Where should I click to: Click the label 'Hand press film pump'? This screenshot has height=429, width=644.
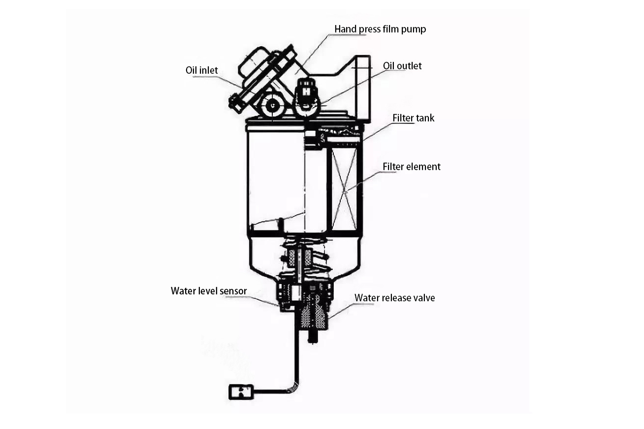click(x=380, y=30)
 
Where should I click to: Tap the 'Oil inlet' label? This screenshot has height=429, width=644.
click(x=201, y=70)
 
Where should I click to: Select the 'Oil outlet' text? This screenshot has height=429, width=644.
click(x=402, y=66)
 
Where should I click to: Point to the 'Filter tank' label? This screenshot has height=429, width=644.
click(x=414, y=118)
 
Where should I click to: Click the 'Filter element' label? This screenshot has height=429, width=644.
click(x=412, y=167)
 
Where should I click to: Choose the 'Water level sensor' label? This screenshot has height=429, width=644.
click(x=209, y=291)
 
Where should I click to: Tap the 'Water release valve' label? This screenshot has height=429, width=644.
click(x=394, y=298)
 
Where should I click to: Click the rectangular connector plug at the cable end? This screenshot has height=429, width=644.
click(x=241, y=392)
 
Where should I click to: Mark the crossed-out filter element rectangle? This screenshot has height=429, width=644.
click(x=344, y=189)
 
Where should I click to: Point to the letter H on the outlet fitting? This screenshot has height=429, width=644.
click(x=307, y=92)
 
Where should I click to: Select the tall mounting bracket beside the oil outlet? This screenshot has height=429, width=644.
click(x=362, y=89)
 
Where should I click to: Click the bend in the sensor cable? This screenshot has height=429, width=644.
click(x=294, y=387)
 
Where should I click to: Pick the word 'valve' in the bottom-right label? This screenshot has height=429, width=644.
click(x=424, y=298)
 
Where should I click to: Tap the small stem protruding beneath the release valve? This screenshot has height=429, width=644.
click(x=313, y=337)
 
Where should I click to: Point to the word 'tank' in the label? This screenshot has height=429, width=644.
click(x=425, y=118)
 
